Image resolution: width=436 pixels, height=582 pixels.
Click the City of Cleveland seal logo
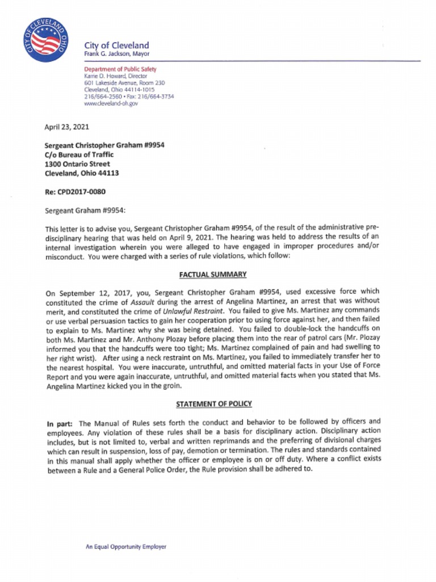47,40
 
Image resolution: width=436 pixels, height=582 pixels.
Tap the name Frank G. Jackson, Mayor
116,54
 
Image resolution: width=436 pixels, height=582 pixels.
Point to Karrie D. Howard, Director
115,76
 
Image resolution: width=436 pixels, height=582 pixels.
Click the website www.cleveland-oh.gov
111,103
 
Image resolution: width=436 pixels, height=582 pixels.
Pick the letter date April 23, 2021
66,127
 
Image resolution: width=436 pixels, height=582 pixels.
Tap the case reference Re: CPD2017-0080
75,192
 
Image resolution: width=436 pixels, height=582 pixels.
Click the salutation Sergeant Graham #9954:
80,211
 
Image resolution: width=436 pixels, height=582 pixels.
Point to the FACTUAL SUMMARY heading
213,275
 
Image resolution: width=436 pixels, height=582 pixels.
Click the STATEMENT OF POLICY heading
213,404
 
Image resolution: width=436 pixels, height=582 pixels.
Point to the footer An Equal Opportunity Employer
126,547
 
